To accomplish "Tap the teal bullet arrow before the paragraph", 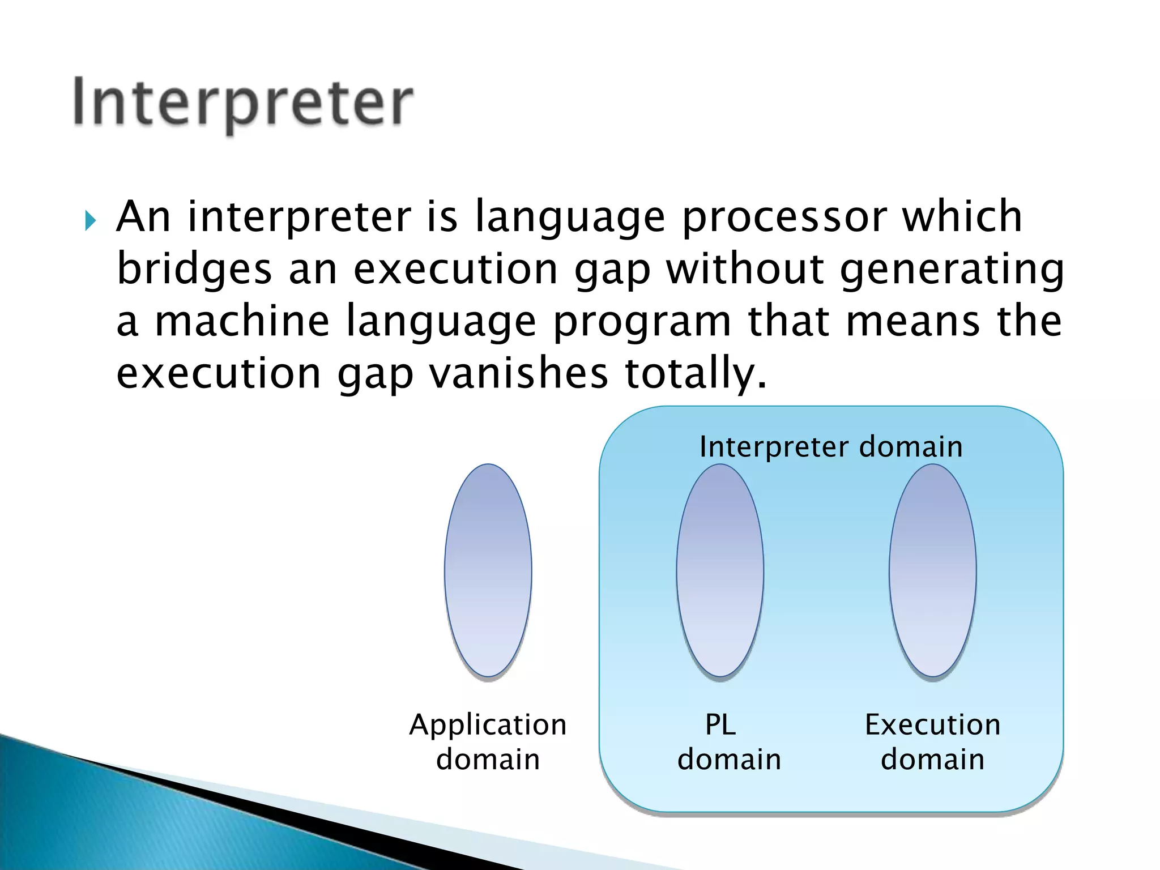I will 91,220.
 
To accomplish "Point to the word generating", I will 952,270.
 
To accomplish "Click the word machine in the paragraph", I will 242,321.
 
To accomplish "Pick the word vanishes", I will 518,373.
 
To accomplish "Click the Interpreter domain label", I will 831,447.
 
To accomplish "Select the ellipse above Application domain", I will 488,570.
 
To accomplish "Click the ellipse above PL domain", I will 720,570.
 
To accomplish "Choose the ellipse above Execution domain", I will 932,570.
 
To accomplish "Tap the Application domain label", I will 488,741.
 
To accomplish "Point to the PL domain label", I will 728,741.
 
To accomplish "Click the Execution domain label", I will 932,741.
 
